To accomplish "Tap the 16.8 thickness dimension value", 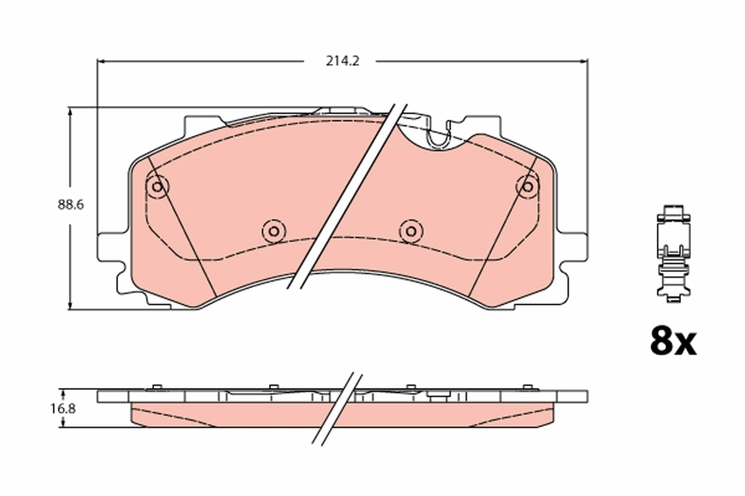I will point(50,408).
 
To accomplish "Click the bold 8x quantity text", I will point(673,342).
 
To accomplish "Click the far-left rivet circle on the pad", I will point(156,186).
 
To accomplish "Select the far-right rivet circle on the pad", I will point(527,186).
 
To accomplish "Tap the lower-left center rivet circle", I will point(273,231).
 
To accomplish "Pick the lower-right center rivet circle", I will point(410,231).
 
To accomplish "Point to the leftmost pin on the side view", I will point(156,387).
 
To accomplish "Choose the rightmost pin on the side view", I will point(527,387).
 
